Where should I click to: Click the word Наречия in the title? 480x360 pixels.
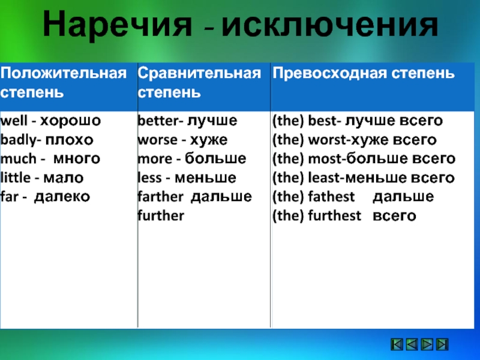point(117,25)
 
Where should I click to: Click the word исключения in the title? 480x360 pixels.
point(330,25)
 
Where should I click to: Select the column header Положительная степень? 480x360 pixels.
point(64,83)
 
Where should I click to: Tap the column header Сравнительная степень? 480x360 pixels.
point(199,83)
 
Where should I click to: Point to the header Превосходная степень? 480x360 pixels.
point(364,73)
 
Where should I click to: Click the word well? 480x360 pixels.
point(14,121)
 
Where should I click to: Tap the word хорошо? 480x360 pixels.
point(70,121)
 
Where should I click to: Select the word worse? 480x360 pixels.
point(157,140)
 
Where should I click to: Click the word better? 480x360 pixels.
point(158,121)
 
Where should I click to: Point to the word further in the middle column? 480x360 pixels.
point(161,215)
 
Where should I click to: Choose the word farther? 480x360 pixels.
point(160,197)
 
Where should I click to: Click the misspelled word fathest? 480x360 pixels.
point(331,197)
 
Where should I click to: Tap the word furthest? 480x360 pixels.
point(335,215)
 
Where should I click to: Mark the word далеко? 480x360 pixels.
point(62,197)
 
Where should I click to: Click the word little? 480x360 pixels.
point(16,178)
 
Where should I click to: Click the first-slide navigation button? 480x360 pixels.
point(397,344)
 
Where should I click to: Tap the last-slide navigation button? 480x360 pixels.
point(442,344)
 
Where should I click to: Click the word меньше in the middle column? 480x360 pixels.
point(205,178)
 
